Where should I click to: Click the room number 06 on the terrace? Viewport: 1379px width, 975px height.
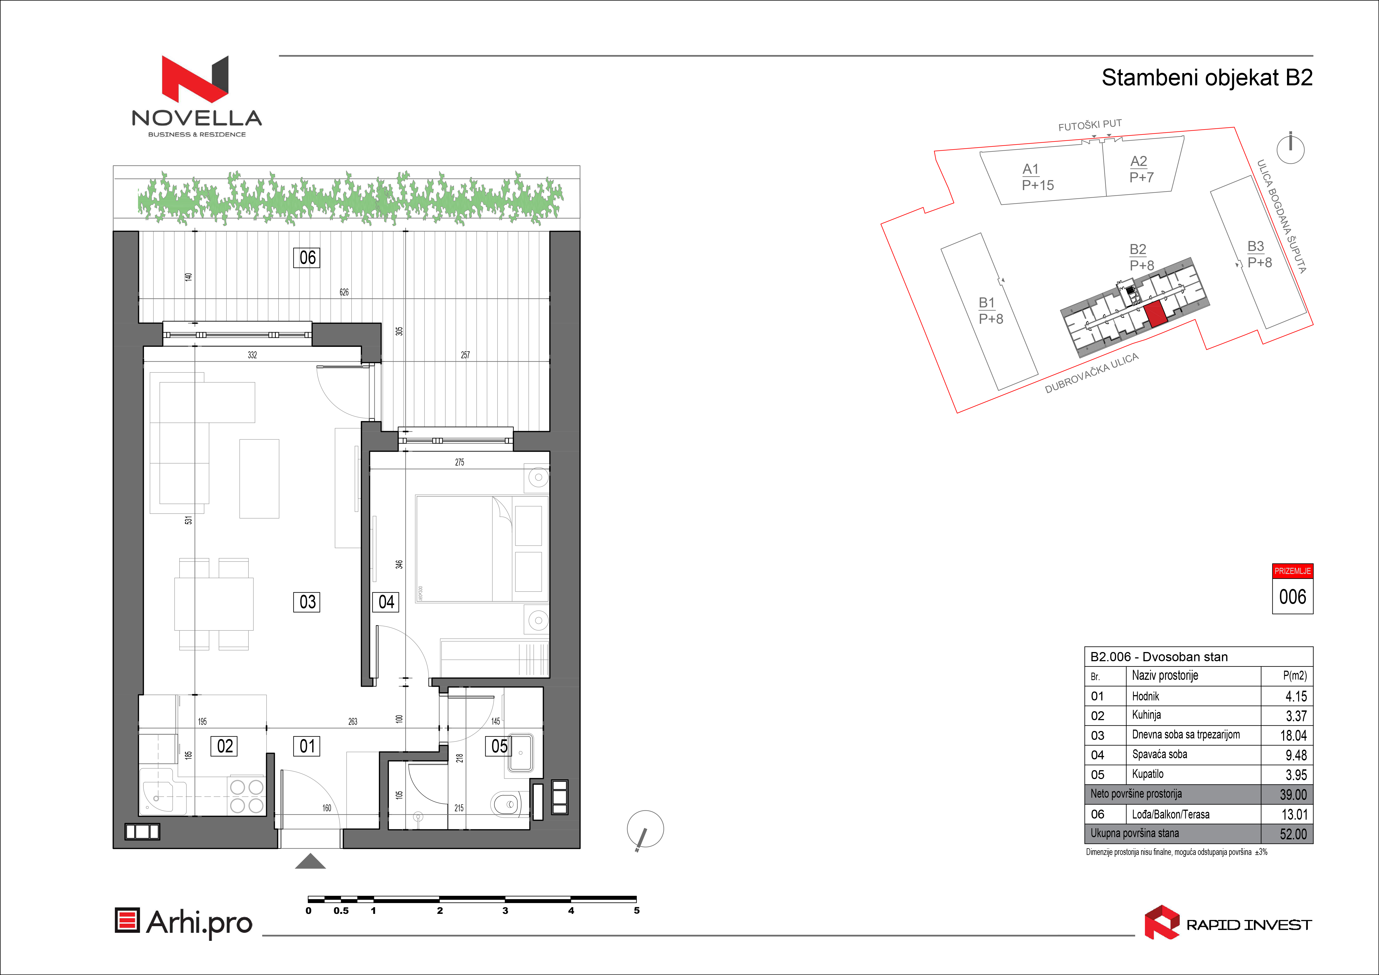click(x=307, y=258)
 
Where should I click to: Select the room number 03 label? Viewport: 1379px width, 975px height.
click(x=307, y=601)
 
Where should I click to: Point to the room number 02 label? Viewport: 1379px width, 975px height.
click(x=225, y=746)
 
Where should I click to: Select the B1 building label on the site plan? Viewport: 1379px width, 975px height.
click(x=987, y=303)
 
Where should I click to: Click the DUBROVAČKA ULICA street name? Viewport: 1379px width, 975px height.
click(x=1091, y=374)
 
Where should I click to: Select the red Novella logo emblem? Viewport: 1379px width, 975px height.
click(x=195, y=79)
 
